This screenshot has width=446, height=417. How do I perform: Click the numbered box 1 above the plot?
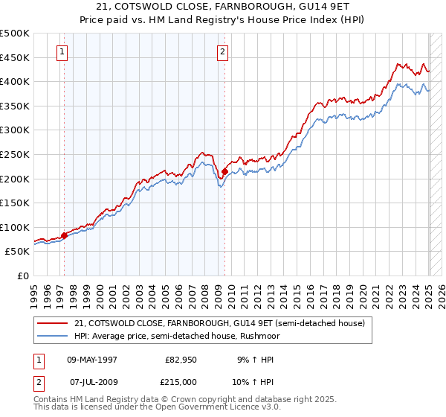(61, 51)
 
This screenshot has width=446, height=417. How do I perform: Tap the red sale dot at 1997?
(64, 235)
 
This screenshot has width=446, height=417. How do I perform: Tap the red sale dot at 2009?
(224, 171)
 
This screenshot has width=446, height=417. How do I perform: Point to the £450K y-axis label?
(15, 57)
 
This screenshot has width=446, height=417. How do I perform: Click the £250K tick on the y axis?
(15, 154)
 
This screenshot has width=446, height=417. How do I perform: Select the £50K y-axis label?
(18, 252)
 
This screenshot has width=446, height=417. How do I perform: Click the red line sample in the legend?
(53, 323)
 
